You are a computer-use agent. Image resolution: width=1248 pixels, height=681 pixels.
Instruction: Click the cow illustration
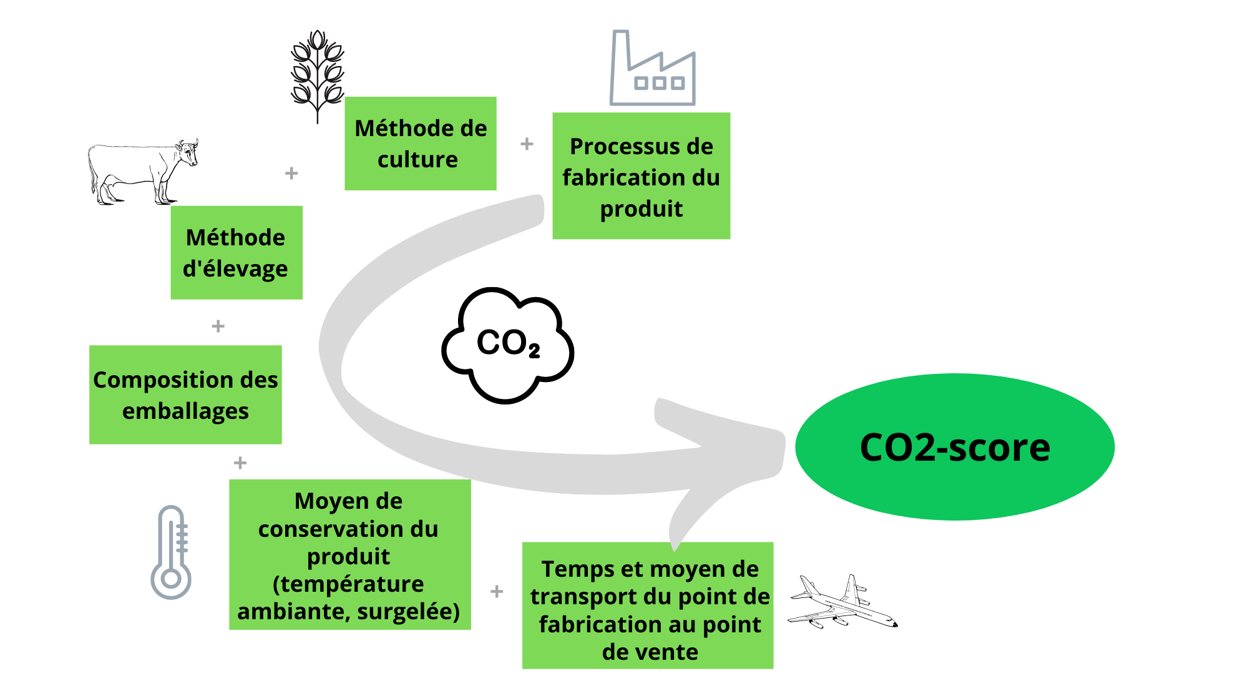pos(142,172)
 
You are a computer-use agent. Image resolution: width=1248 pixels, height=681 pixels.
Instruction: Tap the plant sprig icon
pos(318,75)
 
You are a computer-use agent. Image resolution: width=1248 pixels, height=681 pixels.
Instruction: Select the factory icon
pos(653,69)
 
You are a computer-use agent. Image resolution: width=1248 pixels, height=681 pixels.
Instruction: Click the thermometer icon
pos(171,552)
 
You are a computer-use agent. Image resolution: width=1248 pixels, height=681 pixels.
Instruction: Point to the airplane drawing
pos(842,603)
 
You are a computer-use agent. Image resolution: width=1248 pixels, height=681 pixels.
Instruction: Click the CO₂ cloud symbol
pos(507,345)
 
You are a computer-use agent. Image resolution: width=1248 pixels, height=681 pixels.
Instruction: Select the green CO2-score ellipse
pos(955,447)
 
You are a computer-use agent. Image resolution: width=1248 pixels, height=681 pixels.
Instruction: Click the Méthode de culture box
pos(421,144)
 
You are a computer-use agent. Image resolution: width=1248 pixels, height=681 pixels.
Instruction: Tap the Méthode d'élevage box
pos(236,253)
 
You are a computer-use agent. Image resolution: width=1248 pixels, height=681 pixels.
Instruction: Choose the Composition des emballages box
pos(185,394)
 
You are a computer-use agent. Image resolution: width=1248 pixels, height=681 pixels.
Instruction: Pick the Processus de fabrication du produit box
pos(641,176)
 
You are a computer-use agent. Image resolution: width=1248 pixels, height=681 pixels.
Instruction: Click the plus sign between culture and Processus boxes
pos(527,144)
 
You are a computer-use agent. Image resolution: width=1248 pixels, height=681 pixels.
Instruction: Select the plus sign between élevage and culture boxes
pos(291,173)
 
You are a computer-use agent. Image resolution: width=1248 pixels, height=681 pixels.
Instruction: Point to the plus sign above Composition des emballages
pos(218,326)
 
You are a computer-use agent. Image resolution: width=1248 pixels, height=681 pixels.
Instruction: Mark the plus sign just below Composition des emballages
pos(240,463)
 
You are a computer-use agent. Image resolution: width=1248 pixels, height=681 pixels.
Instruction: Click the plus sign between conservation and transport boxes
pos(497,591)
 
